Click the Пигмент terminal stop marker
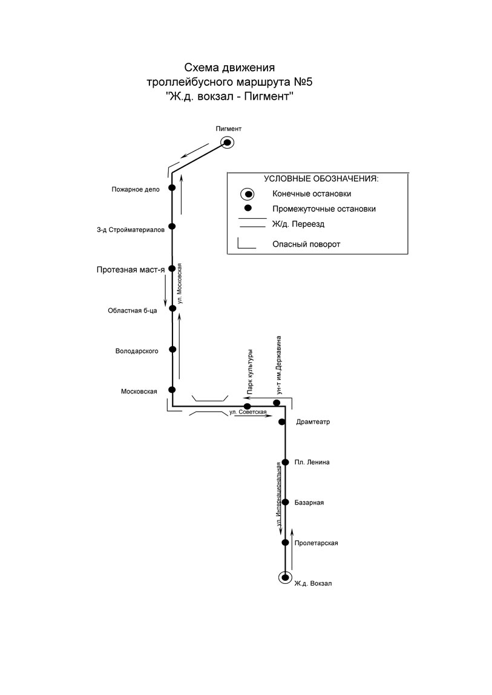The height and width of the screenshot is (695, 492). pos(227,143)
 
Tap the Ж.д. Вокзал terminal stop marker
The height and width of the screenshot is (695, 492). pos(285,577)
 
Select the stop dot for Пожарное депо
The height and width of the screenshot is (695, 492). pos(172,187)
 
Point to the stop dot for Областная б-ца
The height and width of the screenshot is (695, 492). pos(172,308)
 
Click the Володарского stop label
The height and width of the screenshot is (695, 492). pos(137,351)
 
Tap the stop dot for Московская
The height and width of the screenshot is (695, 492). pos(172,390)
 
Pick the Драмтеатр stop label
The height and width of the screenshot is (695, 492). pos(313,422)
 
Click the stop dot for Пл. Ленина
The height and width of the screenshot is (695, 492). pos(286,462)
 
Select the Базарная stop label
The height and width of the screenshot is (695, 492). pos(309,503)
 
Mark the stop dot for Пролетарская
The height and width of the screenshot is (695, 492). pos(285,543)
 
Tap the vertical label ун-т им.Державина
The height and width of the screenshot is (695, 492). pos(278,365)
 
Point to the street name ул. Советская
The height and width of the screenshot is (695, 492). pos(248,412)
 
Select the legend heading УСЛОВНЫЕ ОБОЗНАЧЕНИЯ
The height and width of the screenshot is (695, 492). pos(321,179)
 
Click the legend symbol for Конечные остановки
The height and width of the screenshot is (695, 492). pos(248,194)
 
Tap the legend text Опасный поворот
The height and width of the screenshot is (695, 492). pos(306,244)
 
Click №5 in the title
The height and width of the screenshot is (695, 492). pos(303,82)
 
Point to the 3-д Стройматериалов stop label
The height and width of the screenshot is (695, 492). pos(131,230)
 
